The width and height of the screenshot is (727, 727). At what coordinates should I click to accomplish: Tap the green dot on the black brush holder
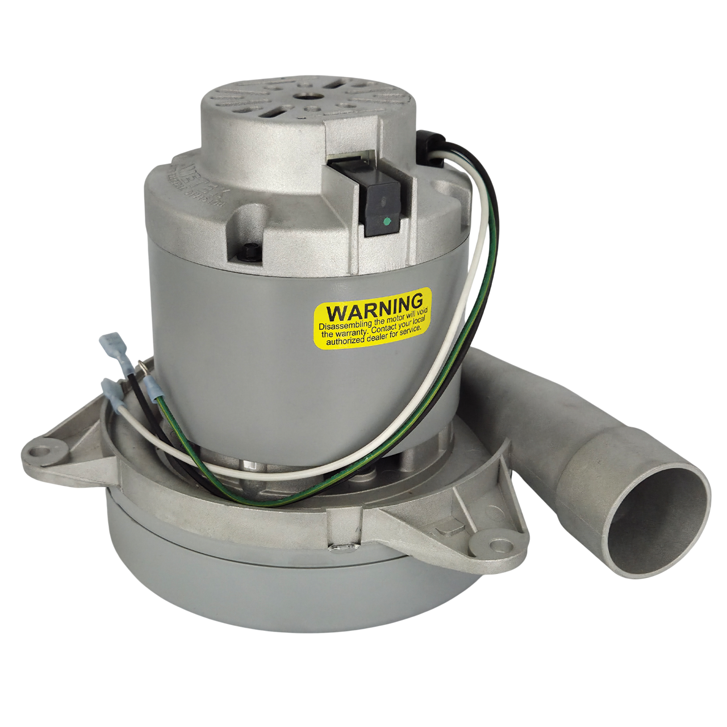tap(386, 220)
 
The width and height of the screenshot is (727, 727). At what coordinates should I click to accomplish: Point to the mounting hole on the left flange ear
tap(40, 452)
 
